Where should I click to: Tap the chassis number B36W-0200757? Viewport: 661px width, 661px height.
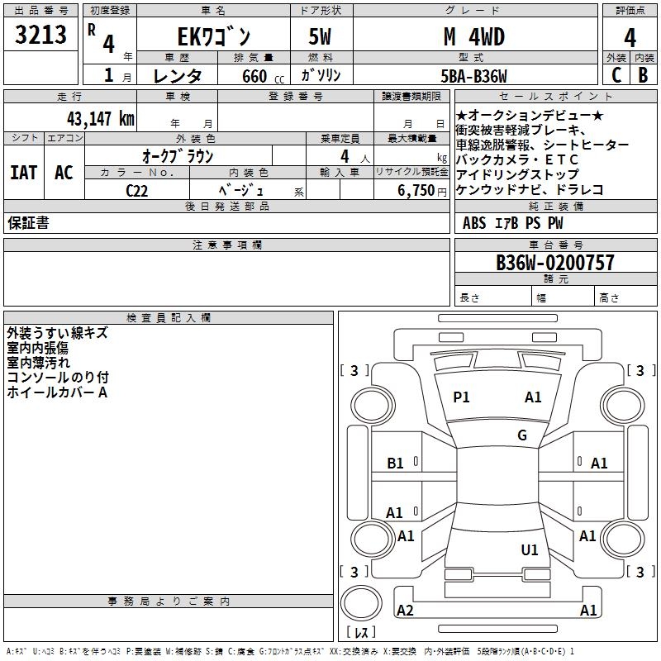[555, 263]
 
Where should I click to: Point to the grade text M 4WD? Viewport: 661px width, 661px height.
[473, 36]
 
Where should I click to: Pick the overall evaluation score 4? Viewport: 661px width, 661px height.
[630, 38]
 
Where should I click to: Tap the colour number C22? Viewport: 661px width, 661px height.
[137, 190]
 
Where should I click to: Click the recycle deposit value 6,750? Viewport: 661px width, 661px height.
[416, 190]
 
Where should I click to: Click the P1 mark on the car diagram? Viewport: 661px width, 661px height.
[461, 397]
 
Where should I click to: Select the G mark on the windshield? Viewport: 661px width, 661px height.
[522, 435]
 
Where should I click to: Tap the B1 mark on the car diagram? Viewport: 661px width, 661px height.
[396, 464]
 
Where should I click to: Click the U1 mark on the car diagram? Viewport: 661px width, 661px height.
[530, 549]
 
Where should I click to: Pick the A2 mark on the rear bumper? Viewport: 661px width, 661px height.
[405, 611]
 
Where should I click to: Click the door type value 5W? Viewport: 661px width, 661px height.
[321, 36]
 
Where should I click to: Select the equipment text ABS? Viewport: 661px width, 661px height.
[474, 223]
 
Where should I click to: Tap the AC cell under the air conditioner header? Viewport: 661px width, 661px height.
[64, 173]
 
